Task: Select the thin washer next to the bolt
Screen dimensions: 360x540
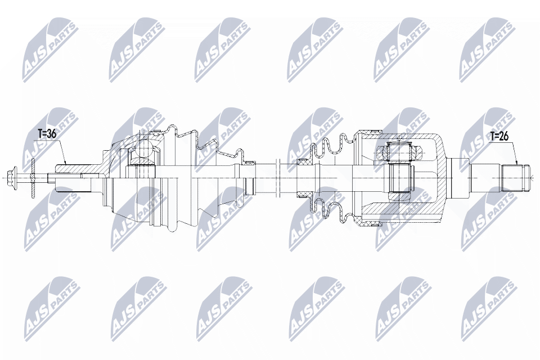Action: (x=33, y=178)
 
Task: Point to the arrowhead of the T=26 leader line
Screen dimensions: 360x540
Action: (x=516, y=164)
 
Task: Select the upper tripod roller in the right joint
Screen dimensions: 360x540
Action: (x=399, y=151)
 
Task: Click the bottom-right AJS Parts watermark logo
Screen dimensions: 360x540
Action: (x=487, y=307)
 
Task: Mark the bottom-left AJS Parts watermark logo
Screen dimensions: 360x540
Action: (x=49, y=307)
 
